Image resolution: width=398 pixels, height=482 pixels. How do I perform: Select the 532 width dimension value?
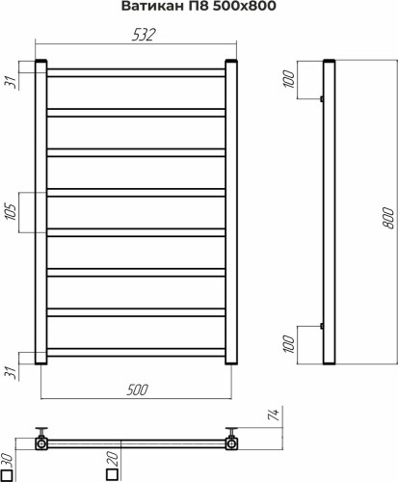click(x=144, y=35)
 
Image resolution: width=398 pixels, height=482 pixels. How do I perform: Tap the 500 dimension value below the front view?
click(x=137, y=389)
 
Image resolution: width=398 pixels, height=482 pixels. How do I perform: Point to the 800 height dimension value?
click(x=388, y=218)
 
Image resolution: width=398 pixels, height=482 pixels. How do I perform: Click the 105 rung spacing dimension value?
click(x=12, y=212)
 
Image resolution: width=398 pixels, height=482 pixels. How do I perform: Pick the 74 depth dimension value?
click(x=274, y=415)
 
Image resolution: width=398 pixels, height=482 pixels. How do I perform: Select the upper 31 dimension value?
click(x=12, y=82)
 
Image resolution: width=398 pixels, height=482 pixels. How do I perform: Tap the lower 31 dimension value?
click(x=12, y=372)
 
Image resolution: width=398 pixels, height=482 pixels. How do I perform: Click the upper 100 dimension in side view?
click(x=289, y=79)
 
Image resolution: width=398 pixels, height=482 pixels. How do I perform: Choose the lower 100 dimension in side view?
click(x=289, y=344)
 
